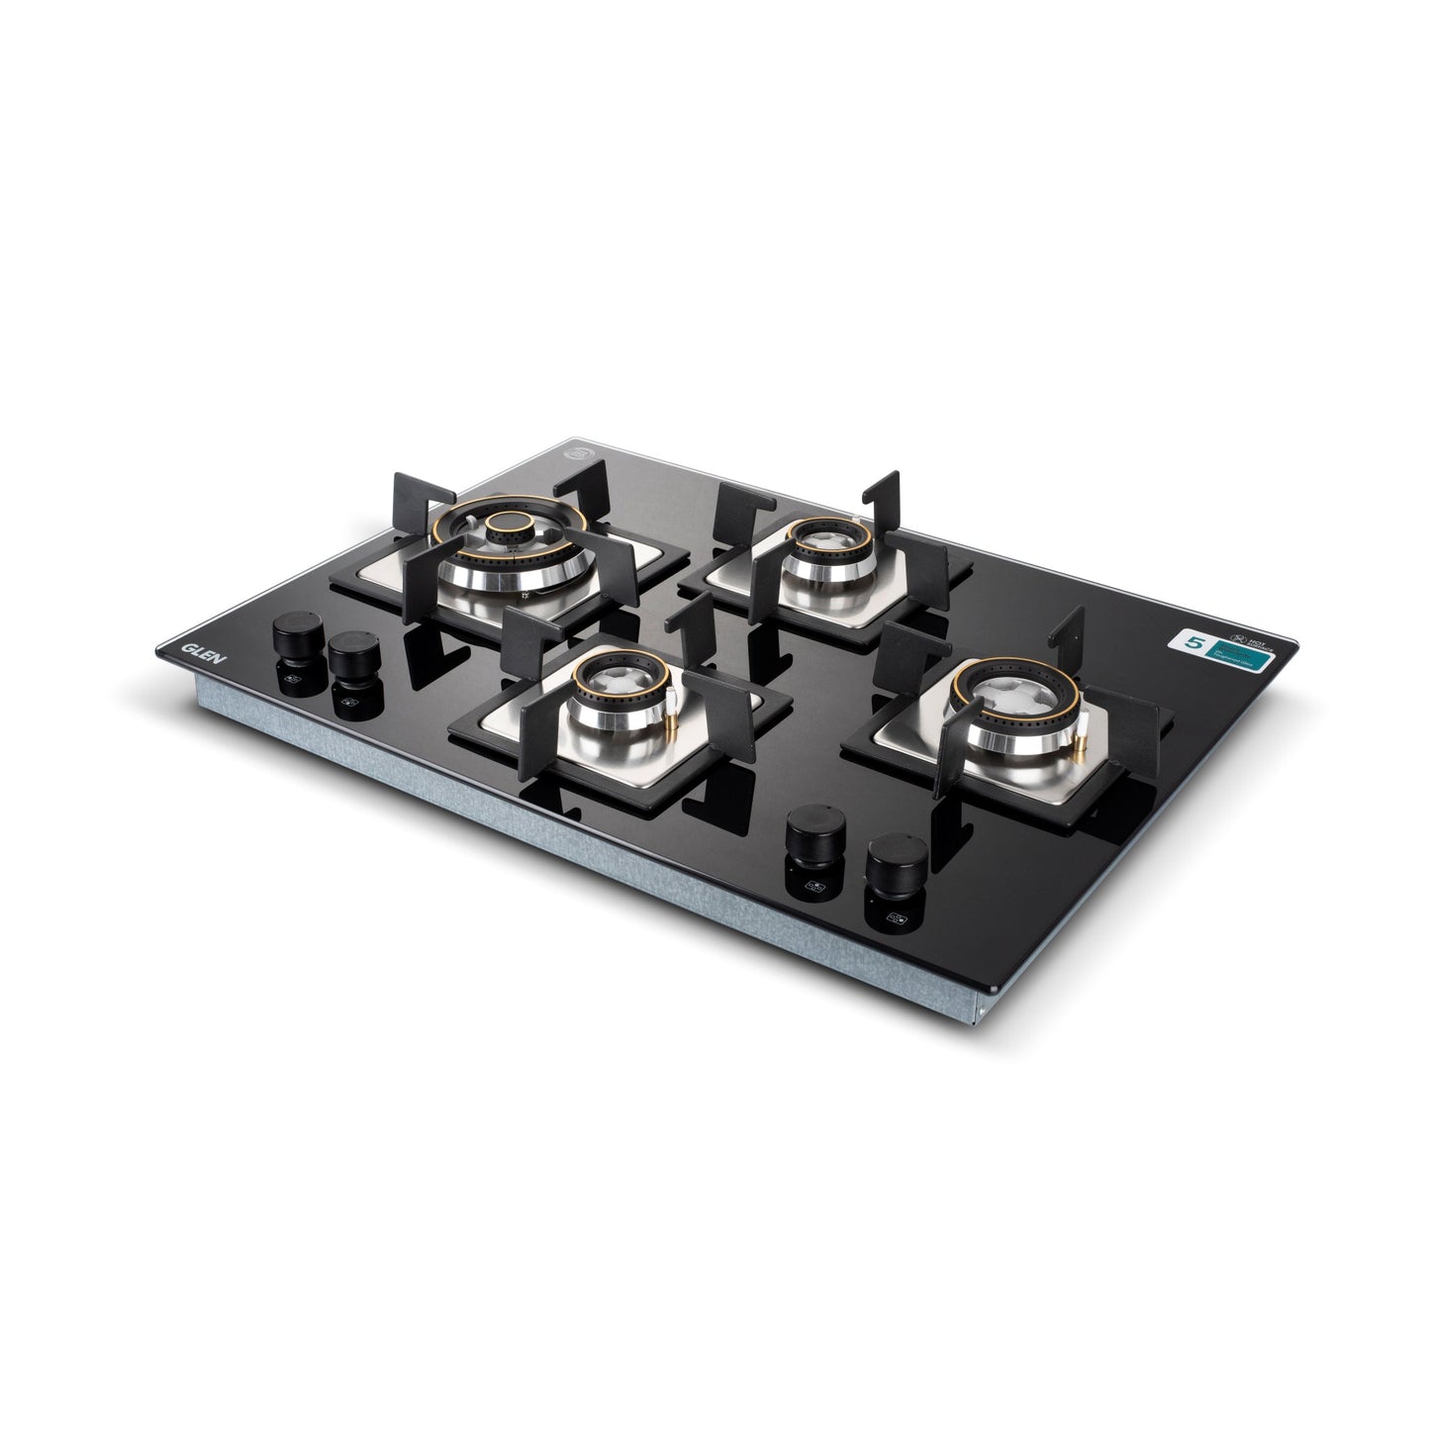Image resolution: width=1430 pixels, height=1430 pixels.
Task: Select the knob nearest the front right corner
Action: click(897, 857)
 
